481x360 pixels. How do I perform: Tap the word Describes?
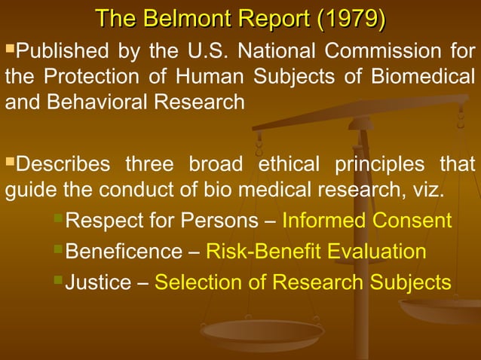(60, 163)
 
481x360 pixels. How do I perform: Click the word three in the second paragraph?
(149, 163)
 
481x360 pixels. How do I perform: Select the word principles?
(371, 163)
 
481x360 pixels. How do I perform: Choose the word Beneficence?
(124, 252)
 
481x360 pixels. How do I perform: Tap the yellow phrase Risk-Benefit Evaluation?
(316, 252)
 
